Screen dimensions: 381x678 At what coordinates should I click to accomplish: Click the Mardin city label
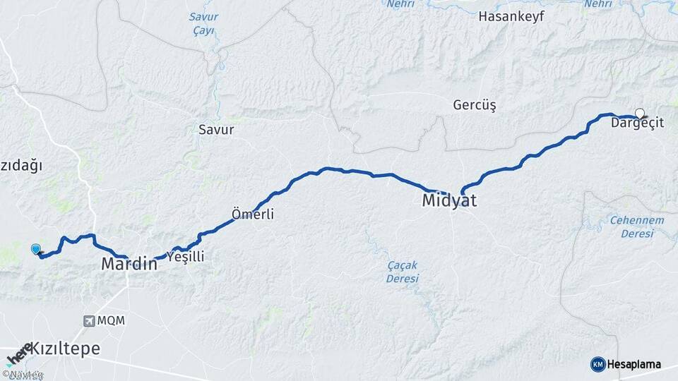click(129, 265)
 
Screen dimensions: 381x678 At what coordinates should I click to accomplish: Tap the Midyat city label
click(449, 200)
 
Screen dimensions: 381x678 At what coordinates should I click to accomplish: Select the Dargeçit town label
click(637, 123)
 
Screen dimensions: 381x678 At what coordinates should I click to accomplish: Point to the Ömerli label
click(253, 214)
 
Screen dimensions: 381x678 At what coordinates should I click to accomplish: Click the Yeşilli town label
click(185, 257)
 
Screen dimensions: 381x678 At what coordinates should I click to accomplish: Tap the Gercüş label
click(475, 105)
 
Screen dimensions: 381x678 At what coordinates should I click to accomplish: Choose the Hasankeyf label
click(511, 16)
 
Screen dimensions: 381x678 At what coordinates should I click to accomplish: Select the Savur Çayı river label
click(203, 23)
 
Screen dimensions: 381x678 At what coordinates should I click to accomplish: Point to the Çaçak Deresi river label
click(403, 271)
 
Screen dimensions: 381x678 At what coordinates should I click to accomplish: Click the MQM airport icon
click(90, 321)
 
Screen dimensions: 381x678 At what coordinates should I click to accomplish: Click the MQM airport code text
click(111, 321)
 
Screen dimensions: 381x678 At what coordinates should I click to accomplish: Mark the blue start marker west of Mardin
click(36, 248)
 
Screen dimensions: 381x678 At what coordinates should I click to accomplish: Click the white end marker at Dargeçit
click(640, 113)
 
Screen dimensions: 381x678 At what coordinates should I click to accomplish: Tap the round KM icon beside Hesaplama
click(597, 364)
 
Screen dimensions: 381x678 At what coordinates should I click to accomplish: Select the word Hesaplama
click(634, 364)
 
